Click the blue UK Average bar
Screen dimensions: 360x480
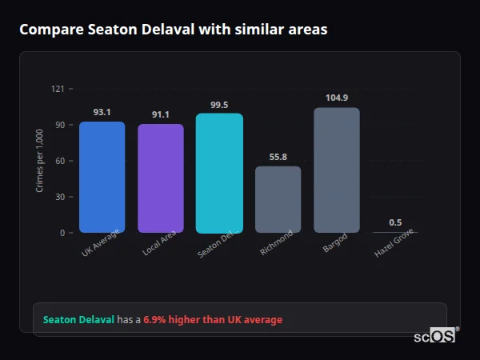pyautogui.click(x=102, y=177)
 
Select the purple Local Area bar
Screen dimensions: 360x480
pyautogui.click(x=161, y=178)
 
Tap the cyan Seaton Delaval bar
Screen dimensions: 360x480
pyautogui.click(x=219, y=173)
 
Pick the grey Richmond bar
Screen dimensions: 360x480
pyautogui.click(x=278, y=199)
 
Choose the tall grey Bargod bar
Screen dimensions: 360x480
pyautogui.click(x=337, y=170)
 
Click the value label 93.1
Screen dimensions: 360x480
pyautogui.click(x=102, y=112)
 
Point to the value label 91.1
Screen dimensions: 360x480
pyautogui.click(x=161, y=114)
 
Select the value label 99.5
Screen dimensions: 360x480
pyautogui.click(x=219, y=104)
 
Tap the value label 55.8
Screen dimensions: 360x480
pyautogui.click(x=278, y=157)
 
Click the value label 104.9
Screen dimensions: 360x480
pyautogui.click(x=337, y=98)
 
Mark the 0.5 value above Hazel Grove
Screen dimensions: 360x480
pyautogui.click(x=395, y=222)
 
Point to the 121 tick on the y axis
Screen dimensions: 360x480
pyautogui.click(x=58, y=89)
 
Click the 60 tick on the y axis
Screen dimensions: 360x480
pyautogui.click(x=59, y=161)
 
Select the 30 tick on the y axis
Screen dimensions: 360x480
pyautogui.click(x=59, y=197)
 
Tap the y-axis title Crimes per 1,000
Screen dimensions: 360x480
pyautogui.click(x=39, y=161)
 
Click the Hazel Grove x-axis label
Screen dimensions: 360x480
pyautogui.click(x=394, y=245)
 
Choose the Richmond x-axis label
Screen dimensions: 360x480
pyautogui.click(x=277, y=243)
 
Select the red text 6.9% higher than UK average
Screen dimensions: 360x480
pyautogui.click(x=213, y=320)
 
